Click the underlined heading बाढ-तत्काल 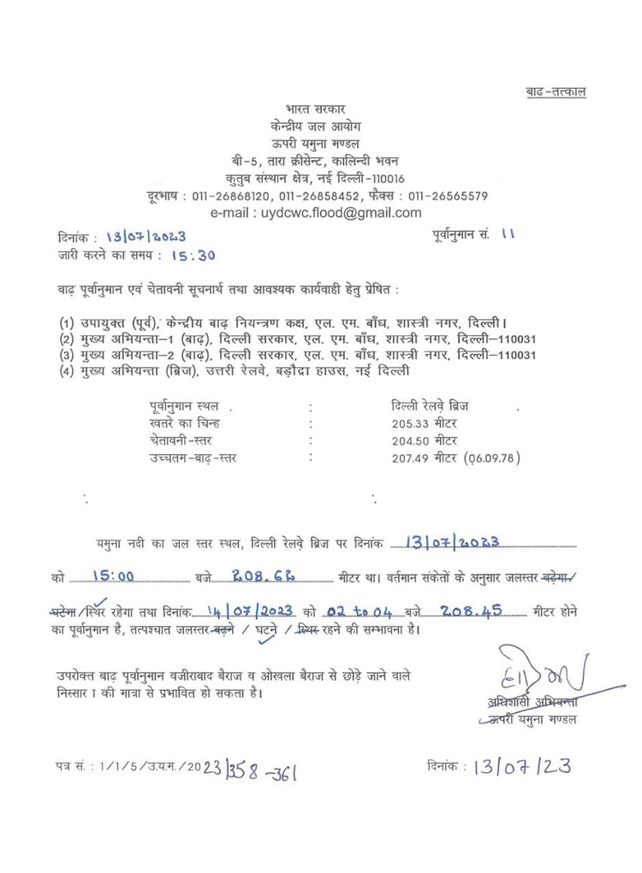(x=556, y=92)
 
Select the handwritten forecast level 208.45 (x=469, y=611)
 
